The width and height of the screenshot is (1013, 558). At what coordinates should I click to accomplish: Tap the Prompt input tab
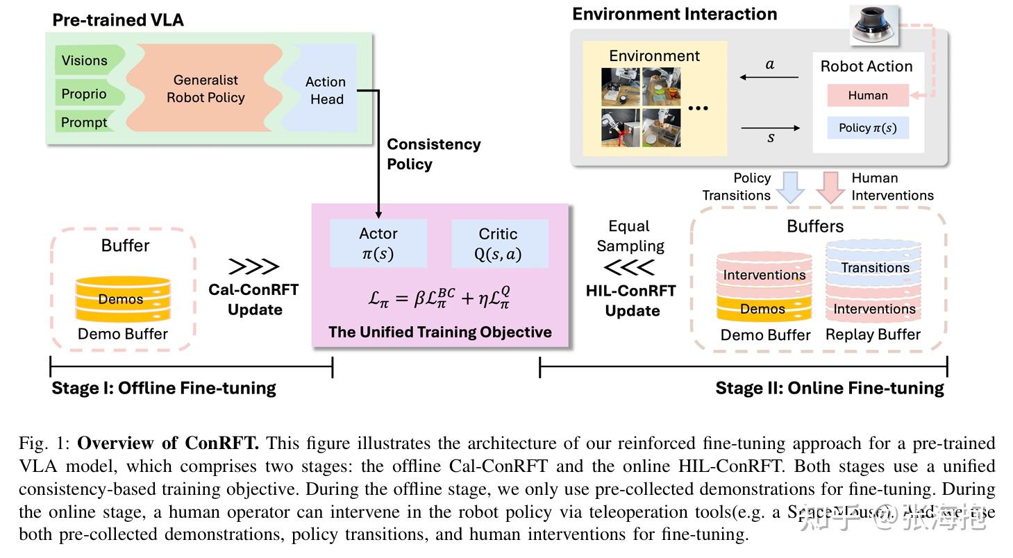click(85, 122)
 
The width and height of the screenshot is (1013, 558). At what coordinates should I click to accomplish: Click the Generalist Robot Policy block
click(206, 89)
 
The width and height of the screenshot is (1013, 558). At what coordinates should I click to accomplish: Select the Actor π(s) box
click(378, 244)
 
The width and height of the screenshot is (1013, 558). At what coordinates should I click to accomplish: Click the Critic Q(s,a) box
click(498, 244)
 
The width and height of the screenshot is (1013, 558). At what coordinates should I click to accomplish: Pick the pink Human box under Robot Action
click(867, 96)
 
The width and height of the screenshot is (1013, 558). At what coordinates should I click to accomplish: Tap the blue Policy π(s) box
click(867, 128)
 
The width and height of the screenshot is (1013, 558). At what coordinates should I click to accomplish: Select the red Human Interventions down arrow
click(830, 186)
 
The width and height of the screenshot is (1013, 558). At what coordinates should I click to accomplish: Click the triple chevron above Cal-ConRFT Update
click(253, 267)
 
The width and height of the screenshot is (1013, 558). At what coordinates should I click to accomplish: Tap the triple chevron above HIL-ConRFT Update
click(630, 267)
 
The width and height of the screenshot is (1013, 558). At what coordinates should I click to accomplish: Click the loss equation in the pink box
click(440, 298)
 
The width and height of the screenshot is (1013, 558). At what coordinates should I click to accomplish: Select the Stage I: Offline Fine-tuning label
click(164, 388)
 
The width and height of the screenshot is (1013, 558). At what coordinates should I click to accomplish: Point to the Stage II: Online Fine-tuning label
click(830, 388)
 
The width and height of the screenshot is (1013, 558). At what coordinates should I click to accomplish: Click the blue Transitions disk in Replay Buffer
click(875, 267)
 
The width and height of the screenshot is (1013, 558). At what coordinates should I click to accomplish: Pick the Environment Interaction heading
click(674, 14)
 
